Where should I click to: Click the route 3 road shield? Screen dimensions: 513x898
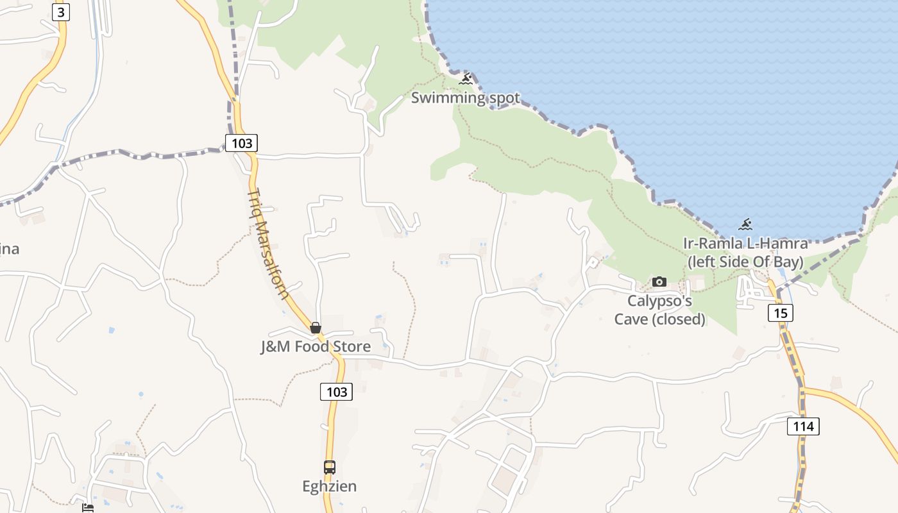tap(60, 12)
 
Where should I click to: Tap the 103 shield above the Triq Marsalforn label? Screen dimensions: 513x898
tap(241, 142)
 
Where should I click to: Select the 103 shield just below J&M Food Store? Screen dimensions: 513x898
tap(336, 392)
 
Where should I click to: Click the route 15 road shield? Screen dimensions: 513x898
tap(780, 313)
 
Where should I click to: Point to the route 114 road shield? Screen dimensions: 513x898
tap(803, 426)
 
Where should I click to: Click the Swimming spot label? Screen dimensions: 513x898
tap(465, 98)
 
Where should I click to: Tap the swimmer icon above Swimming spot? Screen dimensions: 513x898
tap(466, 79)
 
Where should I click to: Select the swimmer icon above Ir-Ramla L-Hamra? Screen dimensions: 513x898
tap(745, 224)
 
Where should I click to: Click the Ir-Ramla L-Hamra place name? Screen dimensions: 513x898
tap(745, 244)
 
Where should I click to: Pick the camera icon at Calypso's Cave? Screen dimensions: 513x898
tap(659, 282)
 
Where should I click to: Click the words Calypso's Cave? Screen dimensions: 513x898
tap(659, 301)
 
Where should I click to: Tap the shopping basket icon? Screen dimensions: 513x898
tap(316, 328)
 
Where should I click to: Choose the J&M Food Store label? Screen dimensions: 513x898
tap(316, 347)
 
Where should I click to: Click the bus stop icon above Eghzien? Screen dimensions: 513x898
tap(330, 467)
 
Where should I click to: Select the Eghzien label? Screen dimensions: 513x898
tap(330, 486)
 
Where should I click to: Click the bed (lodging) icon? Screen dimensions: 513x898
tap(88, 507)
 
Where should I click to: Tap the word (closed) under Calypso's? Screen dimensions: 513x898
tap(678, 319)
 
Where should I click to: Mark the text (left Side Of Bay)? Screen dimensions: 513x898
tap(745, 262)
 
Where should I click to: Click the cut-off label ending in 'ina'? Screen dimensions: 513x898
tap(9, 249)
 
